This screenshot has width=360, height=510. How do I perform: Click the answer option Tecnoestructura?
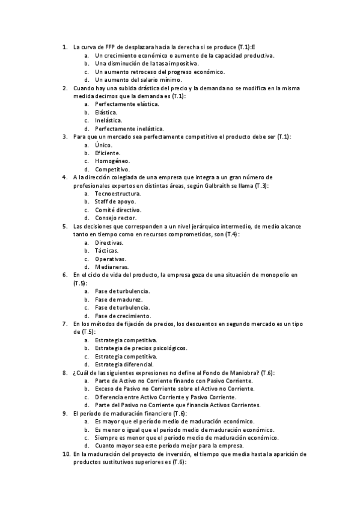coord(118,194)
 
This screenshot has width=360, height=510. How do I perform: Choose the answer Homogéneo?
coord(112,161)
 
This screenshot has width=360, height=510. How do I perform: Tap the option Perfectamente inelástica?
coord(129,128)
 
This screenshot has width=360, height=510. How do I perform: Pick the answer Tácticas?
coord(106,250)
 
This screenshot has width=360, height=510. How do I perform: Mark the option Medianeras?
coord(111,266)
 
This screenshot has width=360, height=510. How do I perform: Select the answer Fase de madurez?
coord(118,299)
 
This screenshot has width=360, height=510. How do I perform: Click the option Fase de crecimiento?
coord(123,315)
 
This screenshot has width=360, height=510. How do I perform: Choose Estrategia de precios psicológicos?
coord(141,348)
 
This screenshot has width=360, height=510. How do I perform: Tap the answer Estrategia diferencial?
coord(124,364)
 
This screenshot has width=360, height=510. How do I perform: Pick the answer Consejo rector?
coord(116,218)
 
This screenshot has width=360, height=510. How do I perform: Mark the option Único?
coord(103,144)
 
